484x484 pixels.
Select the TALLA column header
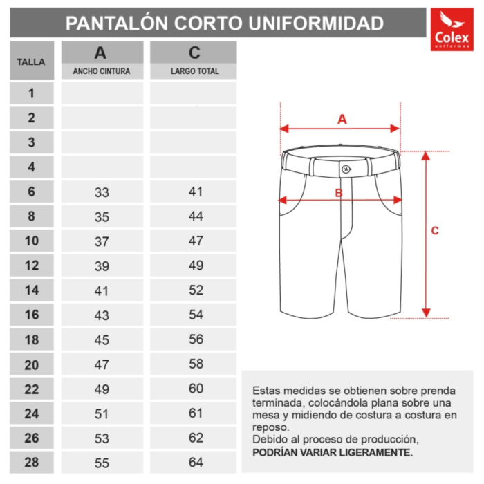coord(31,62)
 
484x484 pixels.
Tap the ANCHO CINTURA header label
coord(102,71)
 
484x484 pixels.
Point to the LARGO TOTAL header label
coord(195,71)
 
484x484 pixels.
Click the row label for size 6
coord(31,192)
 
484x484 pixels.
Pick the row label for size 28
coord(31,462)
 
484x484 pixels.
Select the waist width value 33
coord(102,192)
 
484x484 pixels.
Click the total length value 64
coord(196,462)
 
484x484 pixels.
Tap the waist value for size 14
coord(102,290)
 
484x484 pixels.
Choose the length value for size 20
coord(196,364)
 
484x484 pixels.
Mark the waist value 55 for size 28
coord(102,463)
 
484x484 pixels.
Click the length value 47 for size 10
coord(196,241)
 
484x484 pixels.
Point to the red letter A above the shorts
coord(342,119)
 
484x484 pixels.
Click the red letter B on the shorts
coord(339,193)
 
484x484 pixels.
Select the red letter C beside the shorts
coord(435,231)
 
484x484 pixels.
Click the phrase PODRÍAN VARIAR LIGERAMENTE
coord(333,452)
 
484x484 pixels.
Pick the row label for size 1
coord(31,93)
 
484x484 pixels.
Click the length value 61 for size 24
coord(196,413)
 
